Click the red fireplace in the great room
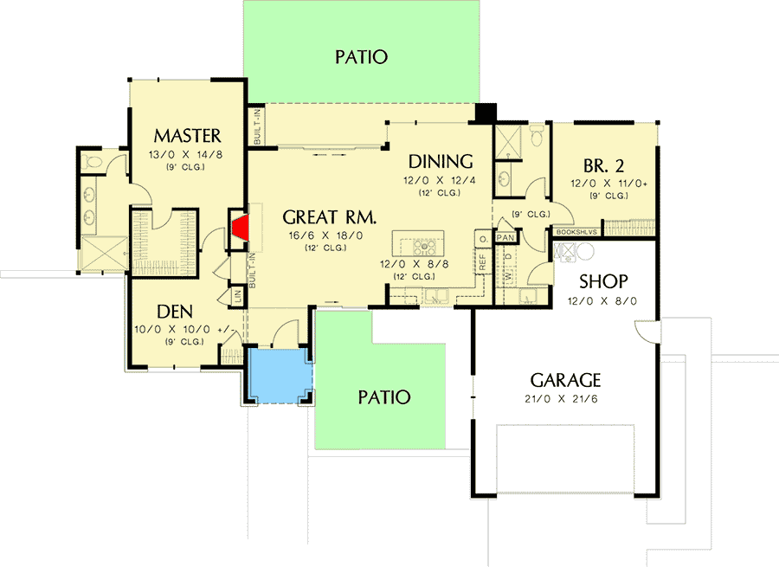pyautogui.click(x=241, y=229)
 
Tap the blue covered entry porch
pyautogui.click(x=278, y=373)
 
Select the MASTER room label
pyautogui.click(x=187, y=136)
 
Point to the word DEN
pyautogui.click(x=174, y=311)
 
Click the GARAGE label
pyautogui.click(x=565, y=380)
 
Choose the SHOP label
pyautogui.click(x=603, y=282)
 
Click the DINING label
pyautogui.click(x=441, y=161)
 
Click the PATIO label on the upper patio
pyautogui.click(x=360, y=57)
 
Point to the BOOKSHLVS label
pyautogui.click(x=576, y=232)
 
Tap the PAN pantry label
pyautogui.click(x=505, y=235)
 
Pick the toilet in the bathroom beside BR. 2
pyautogui.click(x=536, y=135)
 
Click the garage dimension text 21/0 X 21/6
pyautogui.click(x=565, y=400)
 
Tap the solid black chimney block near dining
pyautogui.click(x=486, y=113)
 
